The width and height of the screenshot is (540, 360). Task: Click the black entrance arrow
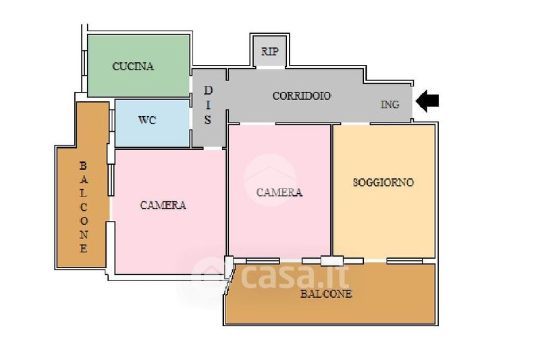pos(427,101)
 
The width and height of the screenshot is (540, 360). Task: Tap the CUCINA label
pos(133,66)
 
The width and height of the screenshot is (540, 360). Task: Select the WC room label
pos(147,120)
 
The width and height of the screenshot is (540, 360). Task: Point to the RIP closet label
pos(269,51)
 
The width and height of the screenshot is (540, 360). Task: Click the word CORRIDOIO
pos(302,96)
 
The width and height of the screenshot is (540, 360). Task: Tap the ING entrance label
pos(390,105)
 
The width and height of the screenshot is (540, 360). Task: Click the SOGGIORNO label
pos(383,182)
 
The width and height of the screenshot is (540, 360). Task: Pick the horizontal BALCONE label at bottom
pos(326,294)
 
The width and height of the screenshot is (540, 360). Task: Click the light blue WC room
pos(153,123)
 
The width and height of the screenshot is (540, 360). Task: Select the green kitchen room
pos(139,66)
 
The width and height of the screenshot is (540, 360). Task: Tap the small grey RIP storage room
pos(269,51)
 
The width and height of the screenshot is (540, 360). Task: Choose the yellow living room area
pos(384,192)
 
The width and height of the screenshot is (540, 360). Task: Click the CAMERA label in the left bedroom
pos(163,205)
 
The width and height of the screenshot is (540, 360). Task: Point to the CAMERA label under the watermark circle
pos(279,192)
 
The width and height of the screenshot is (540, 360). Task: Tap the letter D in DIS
pos(209,91)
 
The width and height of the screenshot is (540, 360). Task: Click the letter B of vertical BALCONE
pos(83,165)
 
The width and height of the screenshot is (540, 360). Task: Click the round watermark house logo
pos(270,180)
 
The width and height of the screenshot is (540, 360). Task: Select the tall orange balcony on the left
pos(82,184)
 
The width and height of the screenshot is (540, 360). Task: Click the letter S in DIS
pos(208,120)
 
